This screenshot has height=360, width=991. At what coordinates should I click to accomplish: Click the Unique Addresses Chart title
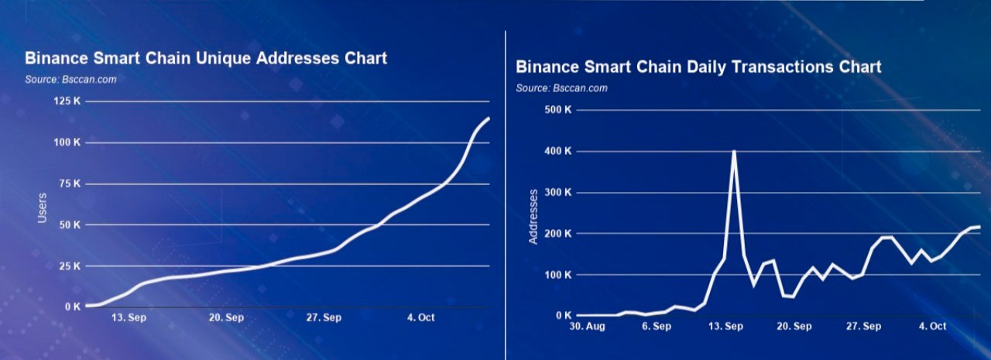[x=206, y=58]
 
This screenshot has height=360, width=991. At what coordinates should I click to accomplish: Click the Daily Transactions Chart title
[x=698, y=67]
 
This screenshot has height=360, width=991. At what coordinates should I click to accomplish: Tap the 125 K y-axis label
[x=67, y=101]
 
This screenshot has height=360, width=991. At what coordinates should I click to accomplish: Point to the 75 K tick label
[x=70, y=183]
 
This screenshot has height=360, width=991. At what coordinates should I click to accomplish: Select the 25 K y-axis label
[x=70, y=266]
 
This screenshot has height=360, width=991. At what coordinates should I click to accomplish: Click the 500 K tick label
[x=558, y=110]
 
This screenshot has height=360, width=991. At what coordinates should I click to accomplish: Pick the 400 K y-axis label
[x=558, y=151]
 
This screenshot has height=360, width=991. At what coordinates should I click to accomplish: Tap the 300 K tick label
[x=558, y=192]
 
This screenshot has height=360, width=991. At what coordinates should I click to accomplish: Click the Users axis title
[x=43, y=207]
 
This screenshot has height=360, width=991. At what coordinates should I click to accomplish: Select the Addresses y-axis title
[x=533, y=217]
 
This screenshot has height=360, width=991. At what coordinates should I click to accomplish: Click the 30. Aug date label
[x=587, y=327]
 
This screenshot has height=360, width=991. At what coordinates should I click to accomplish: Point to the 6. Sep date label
[x=657, y=327]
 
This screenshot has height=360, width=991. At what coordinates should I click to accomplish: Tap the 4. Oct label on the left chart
[x=420, y=317]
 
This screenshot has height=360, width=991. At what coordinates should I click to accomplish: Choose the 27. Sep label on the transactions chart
[x=863, y=327]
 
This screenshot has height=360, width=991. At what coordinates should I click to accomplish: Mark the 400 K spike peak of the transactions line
[x=734, y=152]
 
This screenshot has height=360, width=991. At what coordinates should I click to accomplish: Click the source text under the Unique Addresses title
[x=70, y=80]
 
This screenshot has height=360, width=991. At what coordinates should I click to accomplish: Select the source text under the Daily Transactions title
[x=562, y=88]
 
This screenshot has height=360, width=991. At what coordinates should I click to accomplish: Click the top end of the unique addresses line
[x=489, y=118]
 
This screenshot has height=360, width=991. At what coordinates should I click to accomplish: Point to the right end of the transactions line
[x=979, y=227]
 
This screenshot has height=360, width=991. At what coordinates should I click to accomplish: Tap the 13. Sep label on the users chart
[x=129, y=317]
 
